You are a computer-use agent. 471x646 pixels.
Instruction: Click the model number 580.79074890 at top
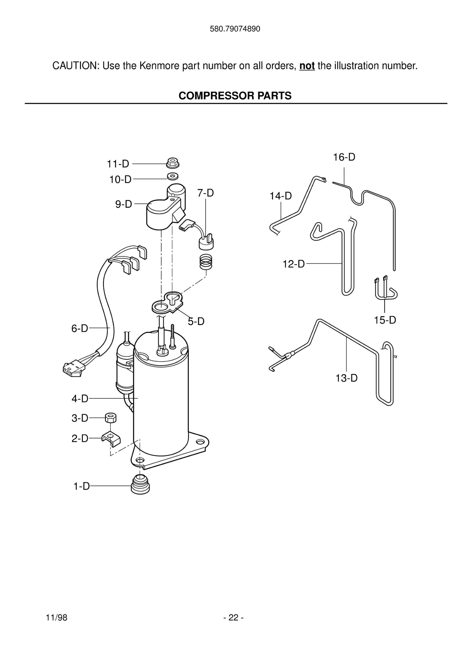pyautogui.click(x=235, y=29)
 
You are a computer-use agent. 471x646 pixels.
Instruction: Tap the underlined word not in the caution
pyautogui.click(x=307, y=66)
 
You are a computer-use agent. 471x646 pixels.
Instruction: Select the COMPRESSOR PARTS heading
pyautogui.click(x=235, y=96)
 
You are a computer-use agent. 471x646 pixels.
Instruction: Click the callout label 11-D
pyautogui.click(x=118, y=164)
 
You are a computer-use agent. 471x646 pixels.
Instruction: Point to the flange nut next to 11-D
pyautogui.click(x=173, y=163)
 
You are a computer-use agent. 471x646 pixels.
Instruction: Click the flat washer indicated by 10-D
pyautogui.click(x=172, y=176)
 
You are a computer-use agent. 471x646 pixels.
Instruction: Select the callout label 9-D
pyautogui.click(x=123, y=204)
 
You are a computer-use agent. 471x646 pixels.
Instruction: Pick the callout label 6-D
pyautogui.click(x=79, y=328)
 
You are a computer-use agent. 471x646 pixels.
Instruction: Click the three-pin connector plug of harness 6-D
pyautogui.click(x=72, y=368)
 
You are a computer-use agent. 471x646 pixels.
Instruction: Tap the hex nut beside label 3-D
pyautogui.click(x=111, y=418)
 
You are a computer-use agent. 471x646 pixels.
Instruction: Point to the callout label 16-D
pyautogui.click(x=344, y=157)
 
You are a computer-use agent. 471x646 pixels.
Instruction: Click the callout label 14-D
pyautogui.click(x=280, y=196)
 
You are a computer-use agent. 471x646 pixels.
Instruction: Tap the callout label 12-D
pyautogui.click(x=294, y=264)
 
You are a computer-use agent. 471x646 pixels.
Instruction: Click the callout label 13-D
pyautogui.click(x=346, y=378)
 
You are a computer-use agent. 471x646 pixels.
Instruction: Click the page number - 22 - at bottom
pyautogui.click(x=233, y=617)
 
